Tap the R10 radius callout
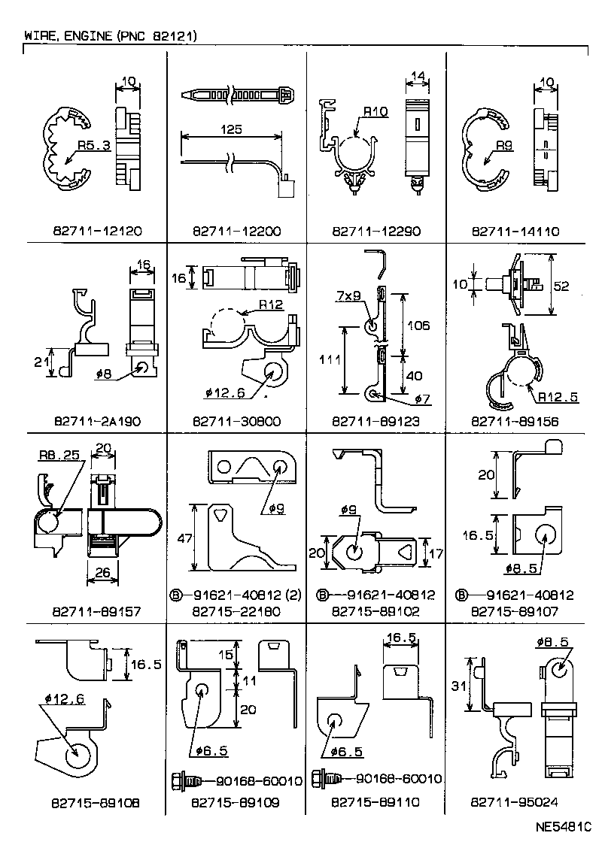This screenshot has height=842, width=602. (375, 113)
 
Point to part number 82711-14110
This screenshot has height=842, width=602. (515, 232)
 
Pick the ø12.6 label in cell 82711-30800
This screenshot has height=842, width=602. (223, 391)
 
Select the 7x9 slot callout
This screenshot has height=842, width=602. (351, 296)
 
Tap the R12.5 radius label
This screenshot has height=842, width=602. (558, 396)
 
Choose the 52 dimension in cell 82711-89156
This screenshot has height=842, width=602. (571, 286)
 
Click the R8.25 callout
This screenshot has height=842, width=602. (58, 455)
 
